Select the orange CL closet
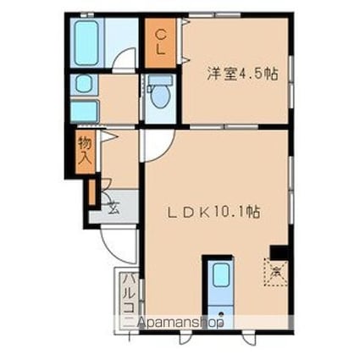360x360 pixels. (x=159, y=42)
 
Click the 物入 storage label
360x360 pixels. (x=84, y=151)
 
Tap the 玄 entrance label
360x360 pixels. (x=112, y=203)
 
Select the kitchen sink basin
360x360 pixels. (x=220, y=276)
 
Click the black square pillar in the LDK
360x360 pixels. (x=276, y=252)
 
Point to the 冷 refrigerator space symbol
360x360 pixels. (x=276, y=274)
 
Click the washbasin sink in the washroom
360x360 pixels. (x=83, y=84)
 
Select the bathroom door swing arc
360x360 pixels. (x=125, y=61)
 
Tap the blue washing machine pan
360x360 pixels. (x=83, y=111)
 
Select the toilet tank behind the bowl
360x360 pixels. (x=158, y=82)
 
